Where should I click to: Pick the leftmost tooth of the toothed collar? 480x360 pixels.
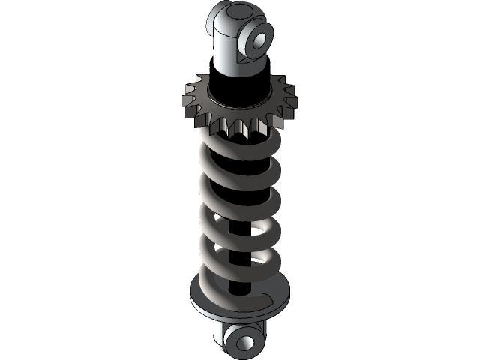tap(184, 96)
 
